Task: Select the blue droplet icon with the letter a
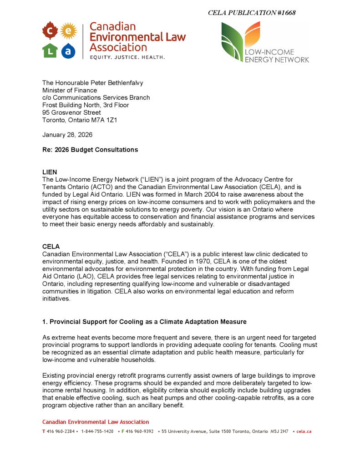coord(68,51)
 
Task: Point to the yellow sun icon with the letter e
coord(68,31)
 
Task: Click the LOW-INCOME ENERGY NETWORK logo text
coord(277,56)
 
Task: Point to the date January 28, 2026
coord(67,135)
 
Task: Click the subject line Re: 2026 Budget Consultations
coord(90,150)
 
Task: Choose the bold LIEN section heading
coord(50,172)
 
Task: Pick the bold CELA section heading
coord(51,247)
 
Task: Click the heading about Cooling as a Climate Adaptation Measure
coord(144,322)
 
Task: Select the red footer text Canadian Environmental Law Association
coord(96,422)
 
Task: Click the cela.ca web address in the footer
coord(304,431)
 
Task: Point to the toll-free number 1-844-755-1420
coord(97,431)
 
